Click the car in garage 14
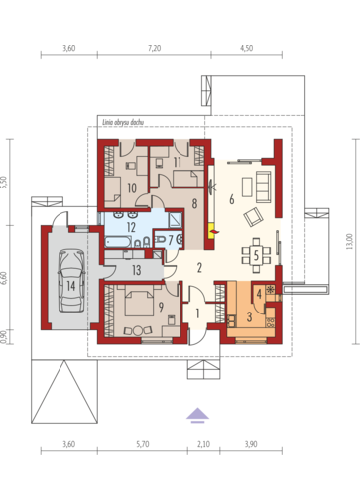(71, 281)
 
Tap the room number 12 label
(131, 227)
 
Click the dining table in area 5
(256, 255)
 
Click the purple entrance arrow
(197, 416)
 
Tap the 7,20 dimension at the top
(154, 48)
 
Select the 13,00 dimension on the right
(349, 241)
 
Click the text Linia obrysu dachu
(123, 122)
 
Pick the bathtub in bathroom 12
(118, 242)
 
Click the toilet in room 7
(161, 240)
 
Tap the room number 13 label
(136, 270)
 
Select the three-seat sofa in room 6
(263, 187)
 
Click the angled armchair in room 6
(253, 217)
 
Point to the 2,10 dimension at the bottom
(203, 444)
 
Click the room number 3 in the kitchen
(249, 316)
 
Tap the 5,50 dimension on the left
(4, 183)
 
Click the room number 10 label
(132, 188)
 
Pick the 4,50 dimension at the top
(247, 48)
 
